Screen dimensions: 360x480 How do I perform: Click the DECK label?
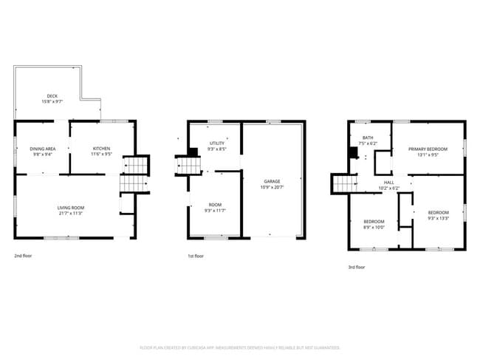[52, 95]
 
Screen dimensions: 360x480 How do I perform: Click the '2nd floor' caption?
[24, 256]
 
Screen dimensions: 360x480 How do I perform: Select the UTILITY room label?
[217, 143]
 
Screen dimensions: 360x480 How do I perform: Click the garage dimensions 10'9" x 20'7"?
[272, 187]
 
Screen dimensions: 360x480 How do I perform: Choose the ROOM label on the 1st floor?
[215, 205]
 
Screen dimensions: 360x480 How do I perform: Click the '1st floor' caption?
[196, 256]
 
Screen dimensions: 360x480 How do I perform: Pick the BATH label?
[367, 137]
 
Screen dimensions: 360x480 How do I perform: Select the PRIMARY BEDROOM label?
[428, 149]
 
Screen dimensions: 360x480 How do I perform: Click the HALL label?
[388, 182]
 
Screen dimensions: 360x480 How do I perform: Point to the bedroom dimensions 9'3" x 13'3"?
[439, 218]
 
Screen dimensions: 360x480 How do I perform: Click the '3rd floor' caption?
[356, 267]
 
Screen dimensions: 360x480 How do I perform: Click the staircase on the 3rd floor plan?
[344, 183]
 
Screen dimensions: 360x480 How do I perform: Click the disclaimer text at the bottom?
[240, 347]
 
